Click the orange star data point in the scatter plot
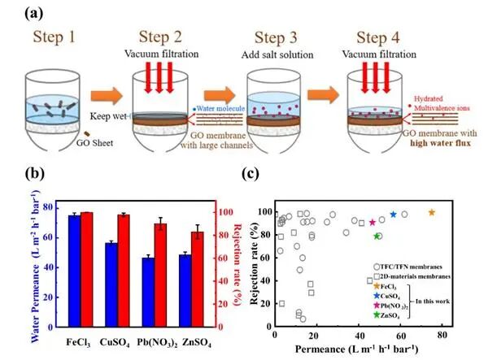pyautogui.click(x=432, y=213)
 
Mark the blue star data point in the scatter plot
pyautogui.click(x=394, y=215)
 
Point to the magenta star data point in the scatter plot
pyautogui.click(x=372, y=222)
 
